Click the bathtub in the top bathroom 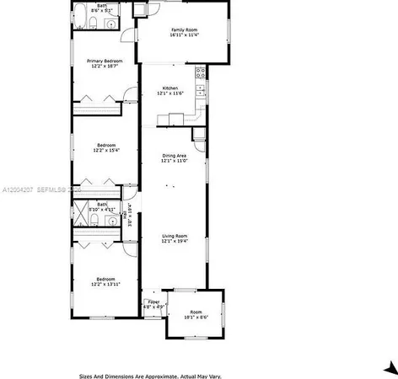click(78, 15)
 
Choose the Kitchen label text click(169, 90)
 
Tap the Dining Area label click(174, 158)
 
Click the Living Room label click(174, 238)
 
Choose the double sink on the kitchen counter click(201, 89)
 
